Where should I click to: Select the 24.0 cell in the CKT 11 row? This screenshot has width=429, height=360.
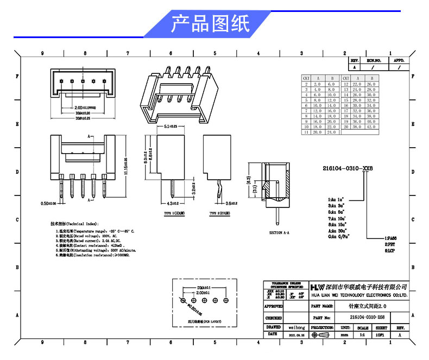[x=332, y=132]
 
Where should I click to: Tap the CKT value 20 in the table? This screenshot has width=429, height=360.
[x=345, y=126]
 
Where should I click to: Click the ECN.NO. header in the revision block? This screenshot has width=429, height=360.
[x=374, y=61]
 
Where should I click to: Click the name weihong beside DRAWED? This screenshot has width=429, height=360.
[x=296, y=328]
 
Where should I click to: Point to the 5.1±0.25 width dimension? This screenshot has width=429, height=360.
[x=171, y=126]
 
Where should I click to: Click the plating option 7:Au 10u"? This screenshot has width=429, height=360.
[x=337, y=218]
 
